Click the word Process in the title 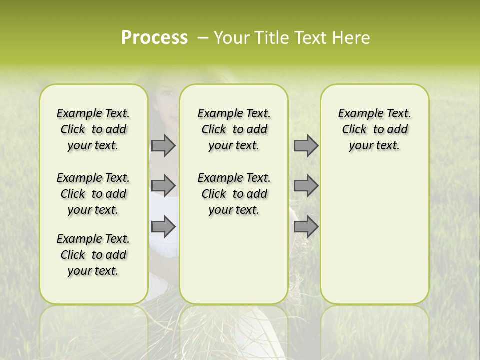click(154, 38)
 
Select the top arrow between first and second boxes click(163, 145)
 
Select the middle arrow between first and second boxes click(163, 186)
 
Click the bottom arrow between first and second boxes click(163, 227)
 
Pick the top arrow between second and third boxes click(305, 145)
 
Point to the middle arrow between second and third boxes click(305, 186)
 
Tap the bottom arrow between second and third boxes click(305, 227)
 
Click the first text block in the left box click(93, 129)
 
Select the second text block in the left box click(93, 194)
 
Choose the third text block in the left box click(93, 255)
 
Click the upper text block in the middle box click(234, 129)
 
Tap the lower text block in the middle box click(234, 194)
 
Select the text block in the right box click(374, 129)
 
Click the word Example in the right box click(357, 114)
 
